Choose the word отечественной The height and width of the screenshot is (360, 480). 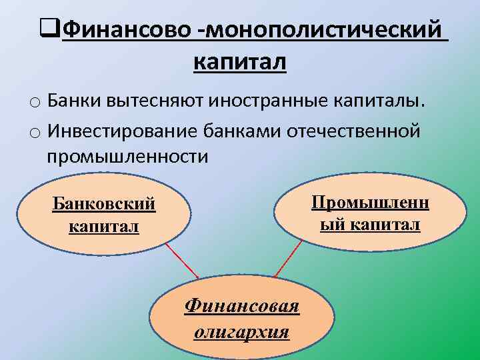[353, 130]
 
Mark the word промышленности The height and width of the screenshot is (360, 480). [127, 157]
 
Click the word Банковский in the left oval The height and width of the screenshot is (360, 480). [104, 203]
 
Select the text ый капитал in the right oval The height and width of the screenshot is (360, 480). [370, 225]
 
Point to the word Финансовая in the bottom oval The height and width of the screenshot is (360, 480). [242, 306]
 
